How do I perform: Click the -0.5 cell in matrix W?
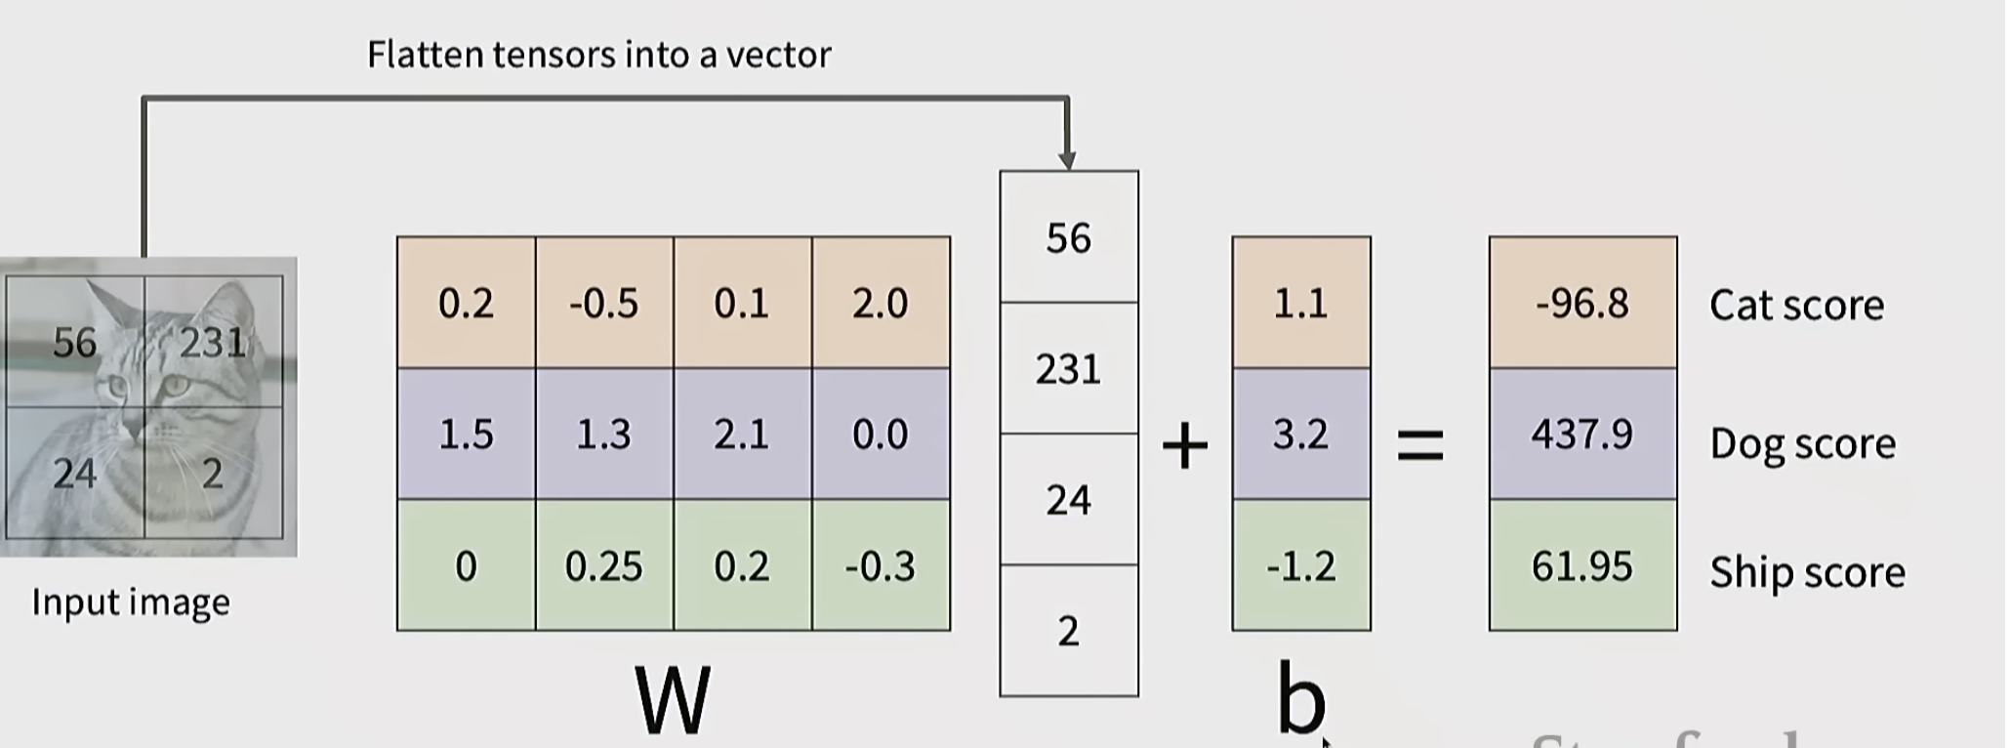[604, 303]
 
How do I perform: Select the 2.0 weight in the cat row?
[881, 303]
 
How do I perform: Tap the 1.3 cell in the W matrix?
[604, 434]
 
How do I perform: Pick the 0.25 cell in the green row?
[604, 565]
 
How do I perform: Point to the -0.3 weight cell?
[881, 565]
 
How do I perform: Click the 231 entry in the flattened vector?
[1068, 369]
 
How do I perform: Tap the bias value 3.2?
[1300, 434]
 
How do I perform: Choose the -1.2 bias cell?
[1300, 565]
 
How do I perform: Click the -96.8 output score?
[1582, 303]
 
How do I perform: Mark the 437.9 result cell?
[1582, 434]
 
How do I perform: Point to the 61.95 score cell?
[1582, 565]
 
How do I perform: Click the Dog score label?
[1802, 444]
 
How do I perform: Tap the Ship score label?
[1807, 572]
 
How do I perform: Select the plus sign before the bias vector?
[1185, 446]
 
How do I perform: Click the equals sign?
[1420, 446]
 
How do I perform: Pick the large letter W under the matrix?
[673, 700]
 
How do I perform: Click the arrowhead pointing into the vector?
[1067, 160]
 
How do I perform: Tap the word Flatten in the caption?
[426, 55]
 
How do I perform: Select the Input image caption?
[131, 603]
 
